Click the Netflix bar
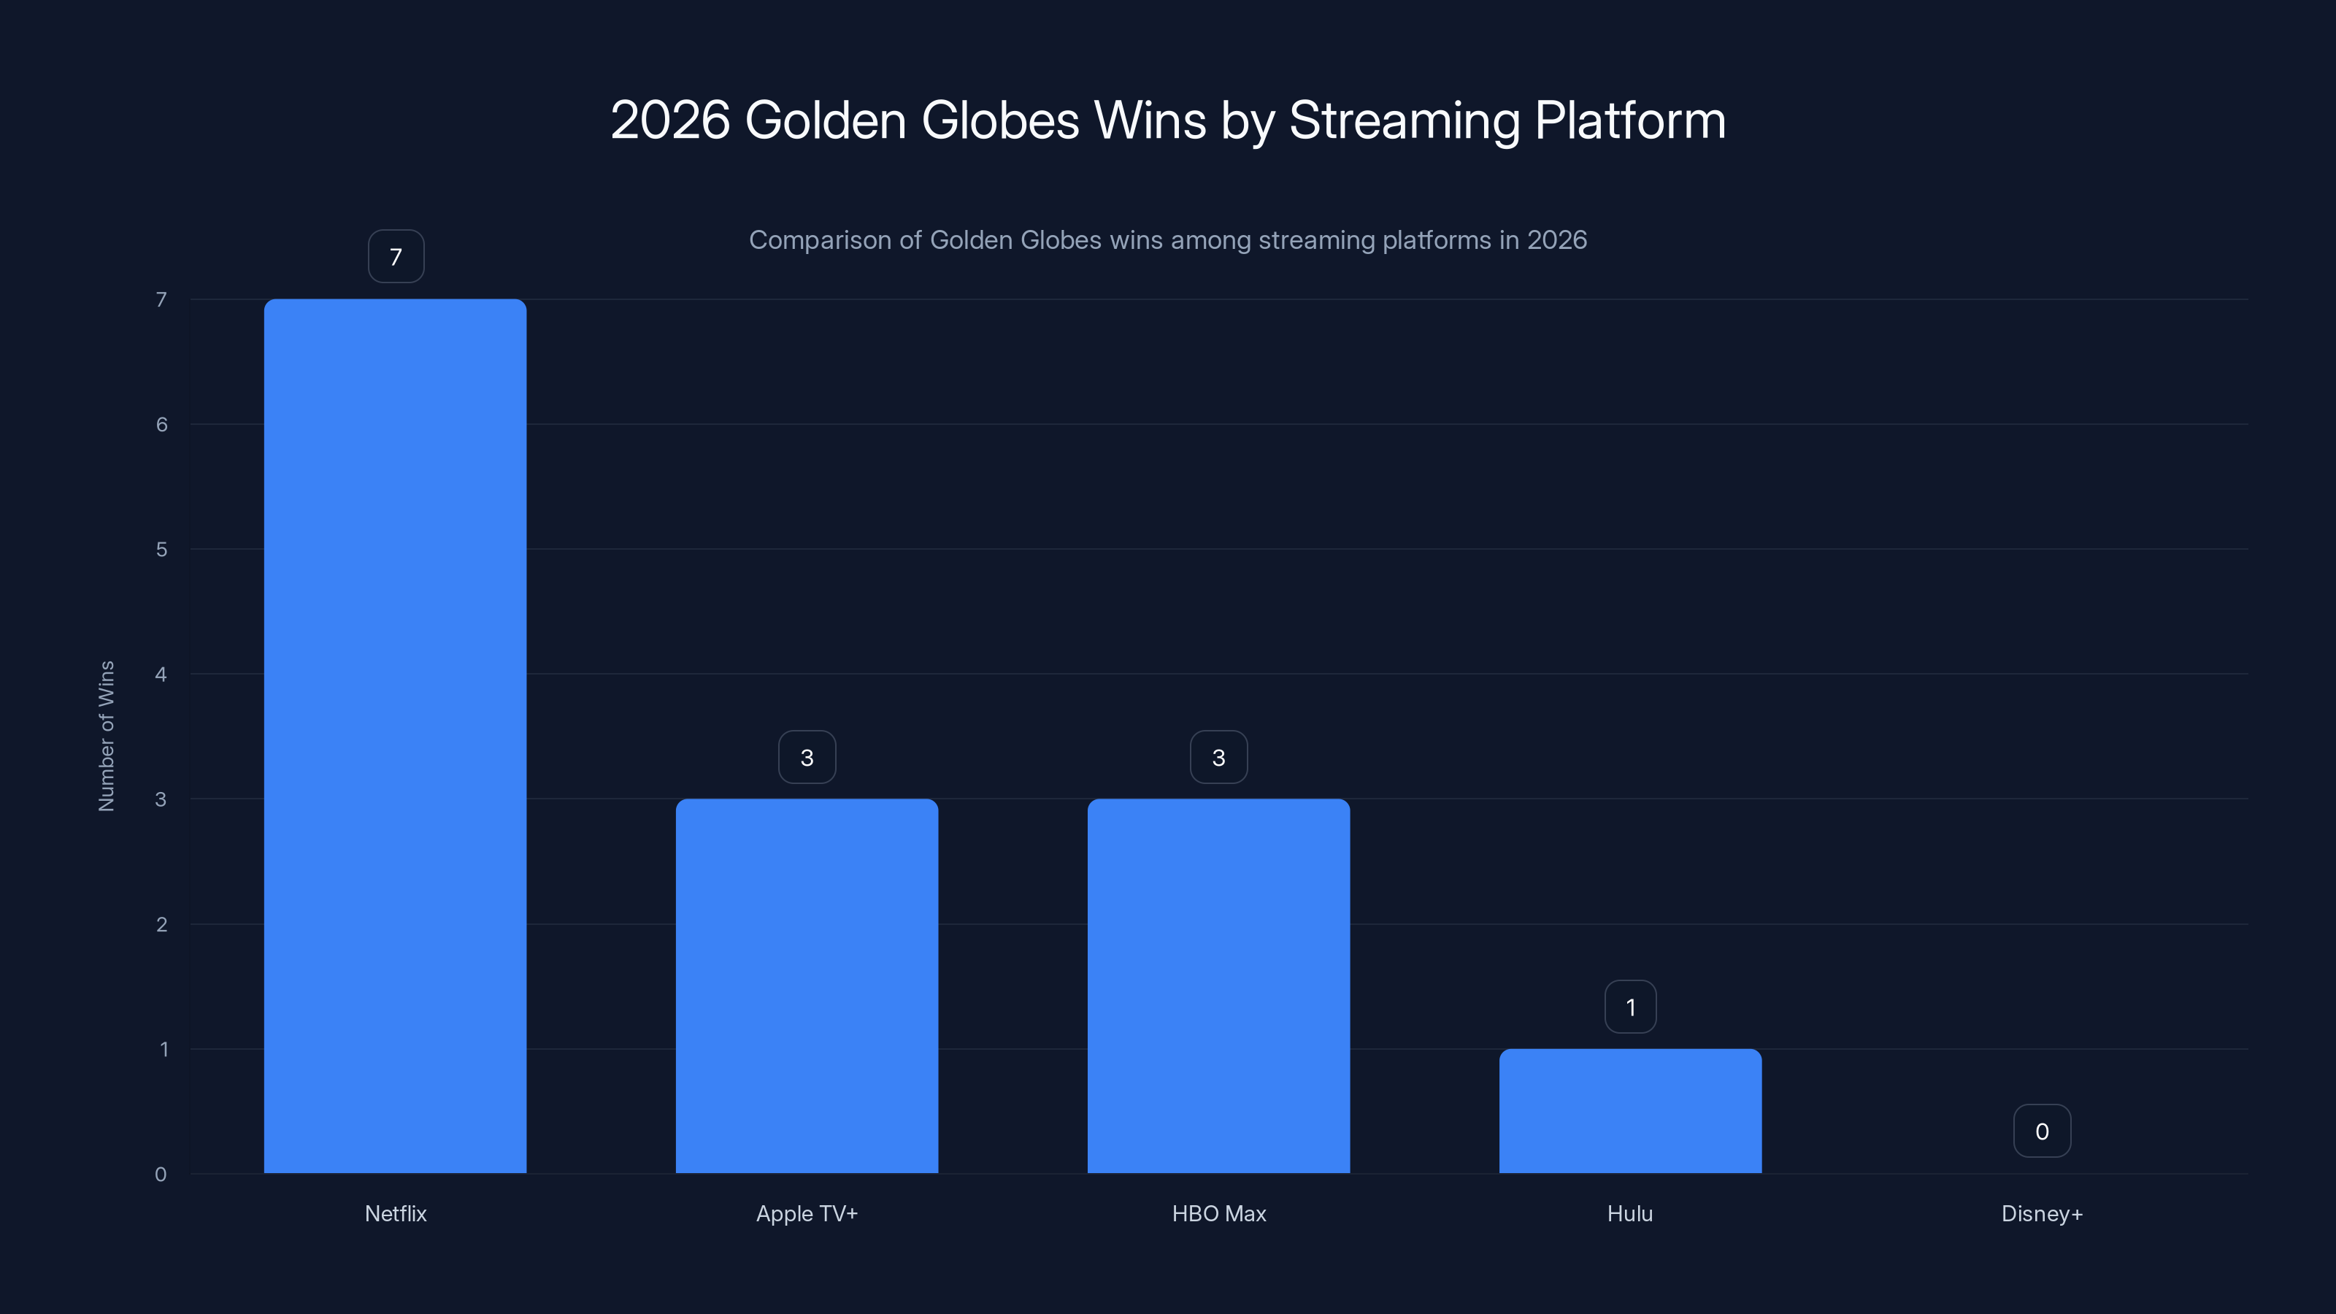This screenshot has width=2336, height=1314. point(396,735)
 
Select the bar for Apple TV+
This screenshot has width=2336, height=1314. point(806,985)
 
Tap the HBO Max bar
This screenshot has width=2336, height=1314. point(1218,985)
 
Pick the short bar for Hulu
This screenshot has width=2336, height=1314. point(1629,1111)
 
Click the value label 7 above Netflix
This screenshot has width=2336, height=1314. point(396,257)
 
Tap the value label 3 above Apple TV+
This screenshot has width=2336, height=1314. point(806,757)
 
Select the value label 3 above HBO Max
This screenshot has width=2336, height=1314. point(1218,757)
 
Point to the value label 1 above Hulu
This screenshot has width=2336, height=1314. point(1629,1007)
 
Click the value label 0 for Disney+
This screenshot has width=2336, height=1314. point(2041,1131)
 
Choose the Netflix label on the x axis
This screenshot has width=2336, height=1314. point(396,1213)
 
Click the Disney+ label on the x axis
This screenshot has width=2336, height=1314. point(2041,1213)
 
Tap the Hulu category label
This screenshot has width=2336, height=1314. point(1629,1213)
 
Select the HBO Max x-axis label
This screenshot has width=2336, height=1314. point(1218,1213)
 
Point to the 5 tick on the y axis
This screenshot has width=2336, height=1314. point(161,550)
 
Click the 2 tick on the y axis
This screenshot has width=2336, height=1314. point(161,924)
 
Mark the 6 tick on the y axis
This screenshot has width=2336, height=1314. point(161,424)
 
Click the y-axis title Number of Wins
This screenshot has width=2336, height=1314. point(106,735)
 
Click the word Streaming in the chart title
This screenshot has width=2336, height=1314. point(1404,120)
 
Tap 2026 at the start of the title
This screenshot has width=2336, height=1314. point(669,120)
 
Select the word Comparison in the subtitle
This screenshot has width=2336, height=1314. point(820,240)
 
